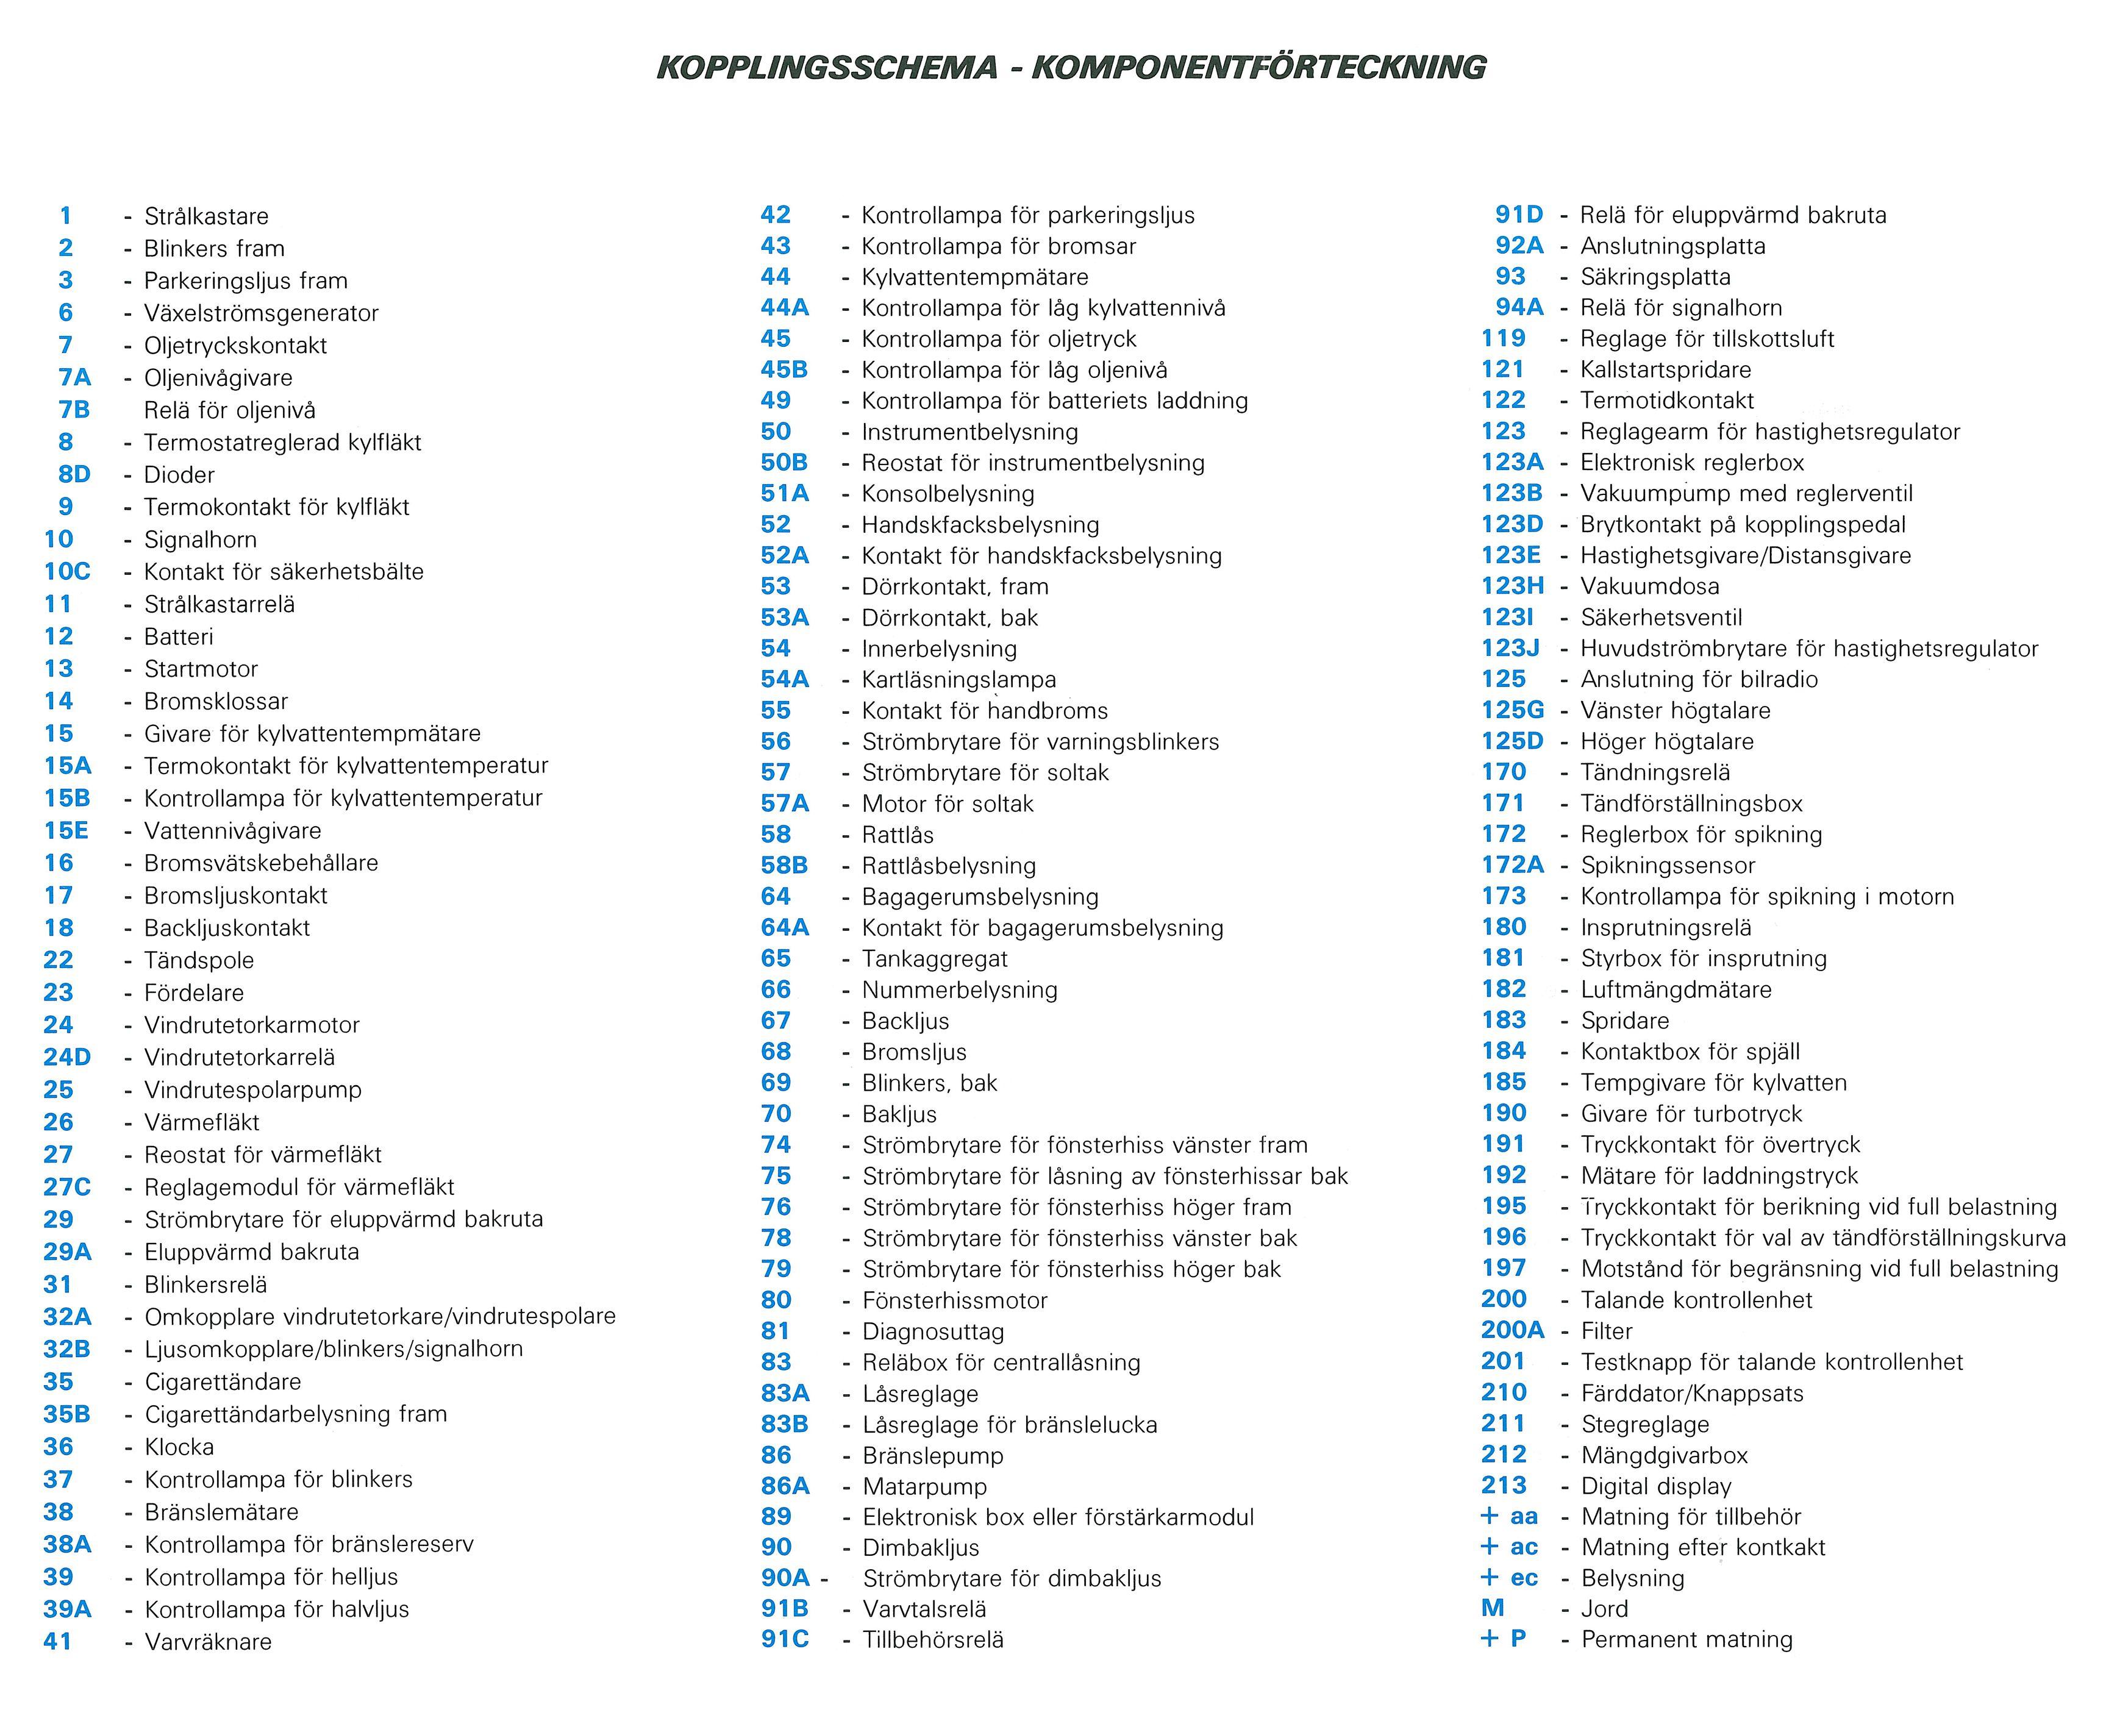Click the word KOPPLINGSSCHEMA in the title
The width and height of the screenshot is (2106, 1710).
[826, 67]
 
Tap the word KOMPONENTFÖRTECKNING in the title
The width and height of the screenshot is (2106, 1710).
[1258, 67]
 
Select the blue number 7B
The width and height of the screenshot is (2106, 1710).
[74, 410]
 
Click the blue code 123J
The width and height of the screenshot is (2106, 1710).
[1510, 648]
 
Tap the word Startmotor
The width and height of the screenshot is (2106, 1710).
[201, 669]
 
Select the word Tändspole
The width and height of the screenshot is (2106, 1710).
[199, 960]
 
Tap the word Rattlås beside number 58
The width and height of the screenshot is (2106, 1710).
[898, 835]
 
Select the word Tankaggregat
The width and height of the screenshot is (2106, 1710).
[935, 958]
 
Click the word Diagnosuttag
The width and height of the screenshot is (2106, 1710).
[933, 1332]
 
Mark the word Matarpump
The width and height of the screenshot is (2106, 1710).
[924, 1486]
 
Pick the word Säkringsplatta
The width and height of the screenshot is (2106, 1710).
[1655, 277]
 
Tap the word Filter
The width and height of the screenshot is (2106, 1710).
[1607, 1331]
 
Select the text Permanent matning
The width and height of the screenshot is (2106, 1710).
[1687, 1639]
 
